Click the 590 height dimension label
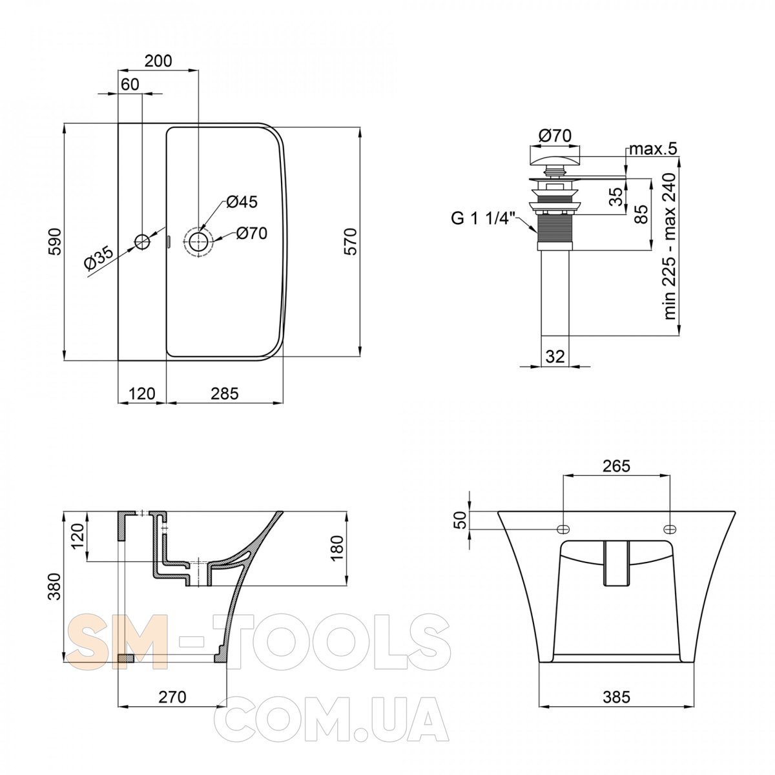click(56, 242)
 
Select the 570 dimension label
click(351, 242)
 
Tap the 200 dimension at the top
click(158, 61)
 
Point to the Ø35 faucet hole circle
click(142, 242)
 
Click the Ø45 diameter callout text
click(242, 202)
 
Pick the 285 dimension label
click(225, 393)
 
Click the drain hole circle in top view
click(198, 242)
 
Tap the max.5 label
click(653, 149)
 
